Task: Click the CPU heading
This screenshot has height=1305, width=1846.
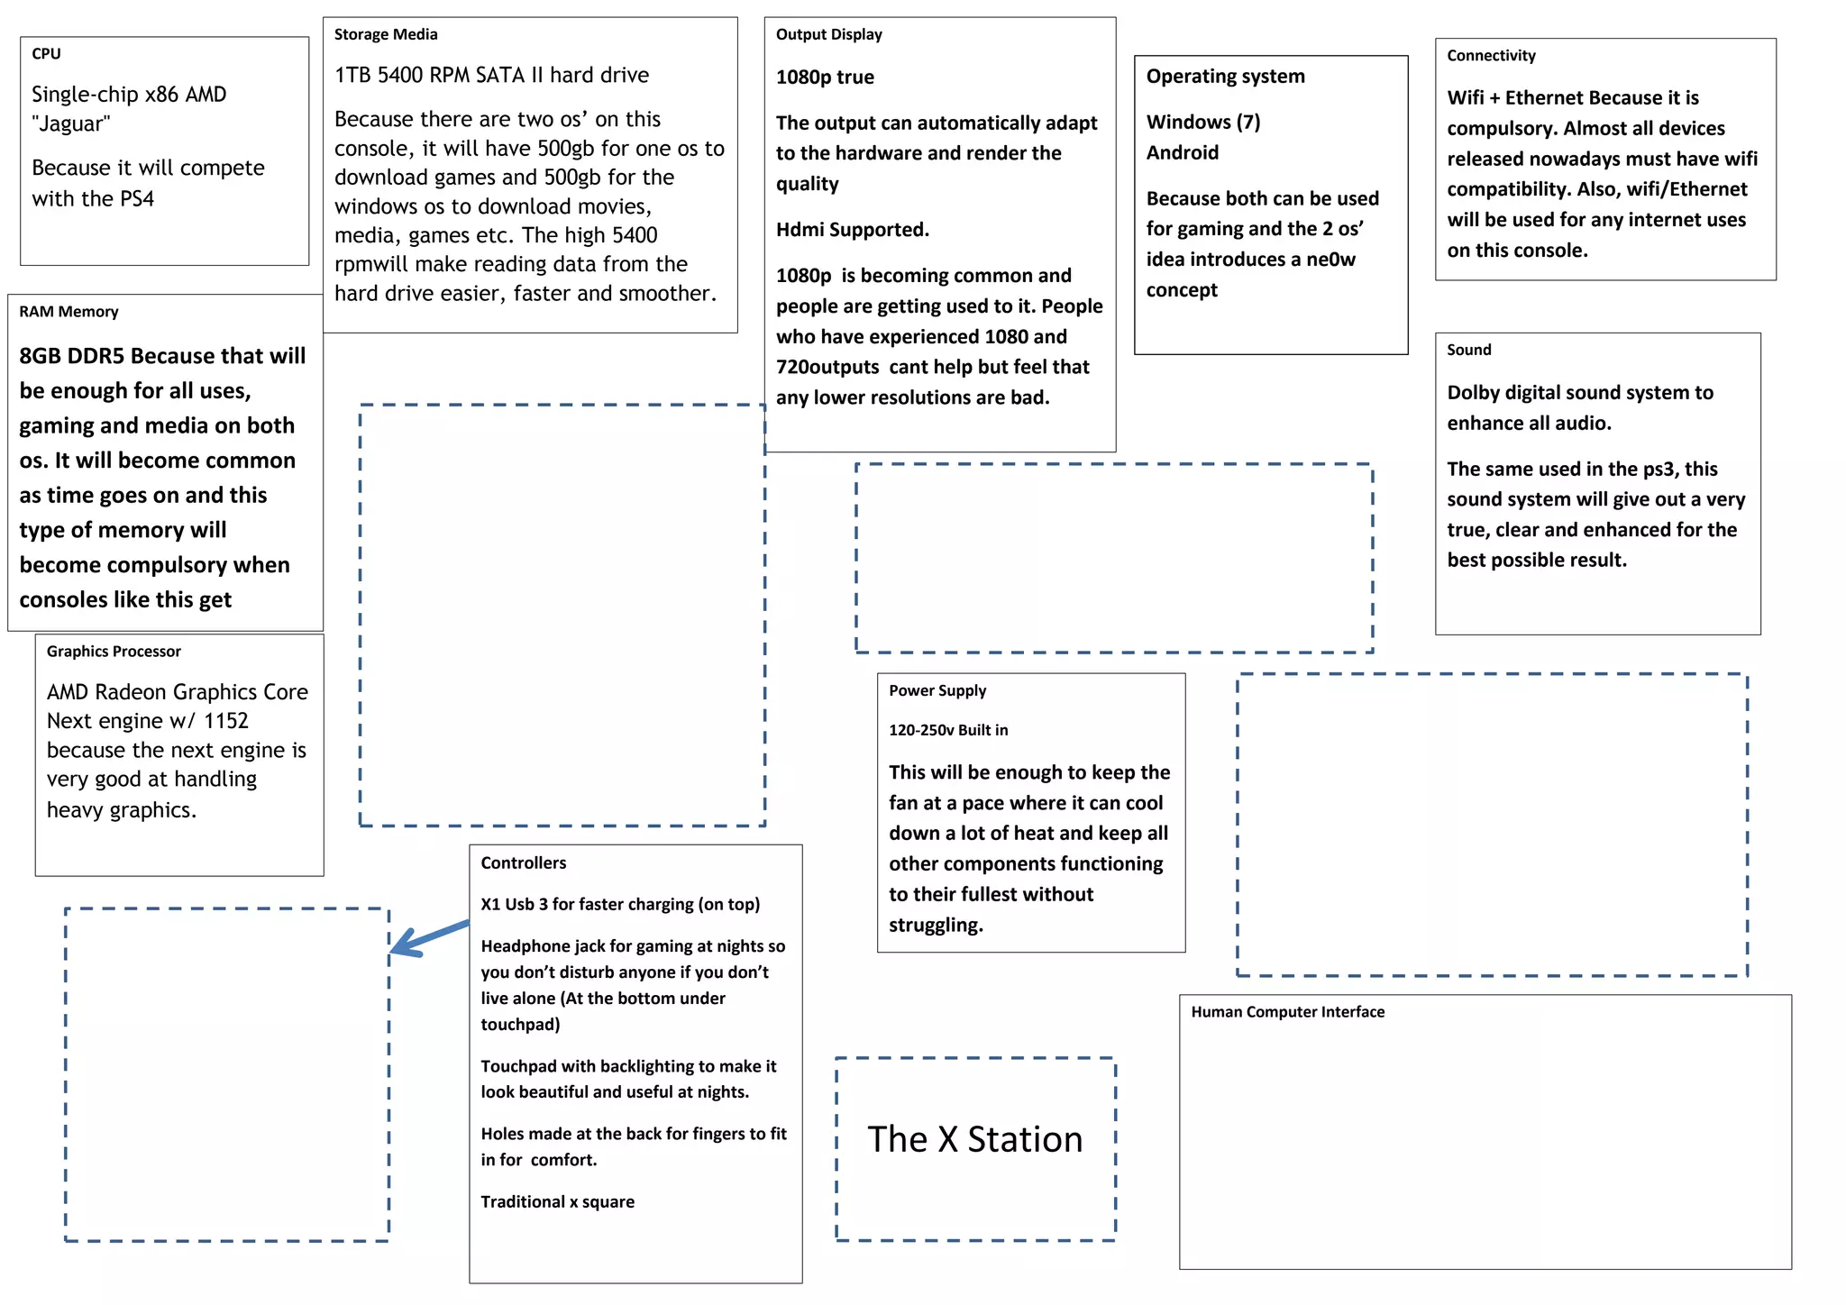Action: point(46,54)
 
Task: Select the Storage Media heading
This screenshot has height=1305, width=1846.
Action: point(386,35)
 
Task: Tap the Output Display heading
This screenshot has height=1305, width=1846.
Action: point(828,35)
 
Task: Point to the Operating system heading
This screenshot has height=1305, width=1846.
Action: point(1225,77)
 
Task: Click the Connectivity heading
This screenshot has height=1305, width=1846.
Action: point(1491,56)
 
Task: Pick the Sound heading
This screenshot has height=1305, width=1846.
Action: point(1468,351)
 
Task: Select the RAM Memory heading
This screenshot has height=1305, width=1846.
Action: point(69,312)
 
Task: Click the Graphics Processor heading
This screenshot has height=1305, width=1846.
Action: point(114,652)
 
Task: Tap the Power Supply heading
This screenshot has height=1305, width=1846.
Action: point(937,691)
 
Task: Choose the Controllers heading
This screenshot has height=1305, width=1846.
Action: point(523,863)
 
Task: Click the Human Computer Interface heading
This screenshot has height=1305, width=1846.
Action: point(1287,1012)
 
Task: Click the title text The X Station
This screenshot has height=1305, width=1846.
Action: point(974,1140)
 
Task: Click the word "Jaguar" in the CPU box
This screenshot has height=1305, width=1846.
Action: point(71,124)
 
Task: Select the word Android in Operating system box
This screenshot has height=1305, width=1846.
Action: point(1182,153)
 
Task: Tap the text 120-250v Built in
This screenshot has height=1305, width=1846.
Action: point(948,730)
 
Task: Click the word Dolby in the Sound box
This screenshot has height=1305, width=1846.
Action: point(1476,393)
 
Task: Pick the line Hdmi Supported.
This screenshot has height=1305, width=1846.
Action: point(852,230)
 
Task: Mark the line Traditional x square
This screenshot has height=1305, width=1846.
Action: point(557,1202)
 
